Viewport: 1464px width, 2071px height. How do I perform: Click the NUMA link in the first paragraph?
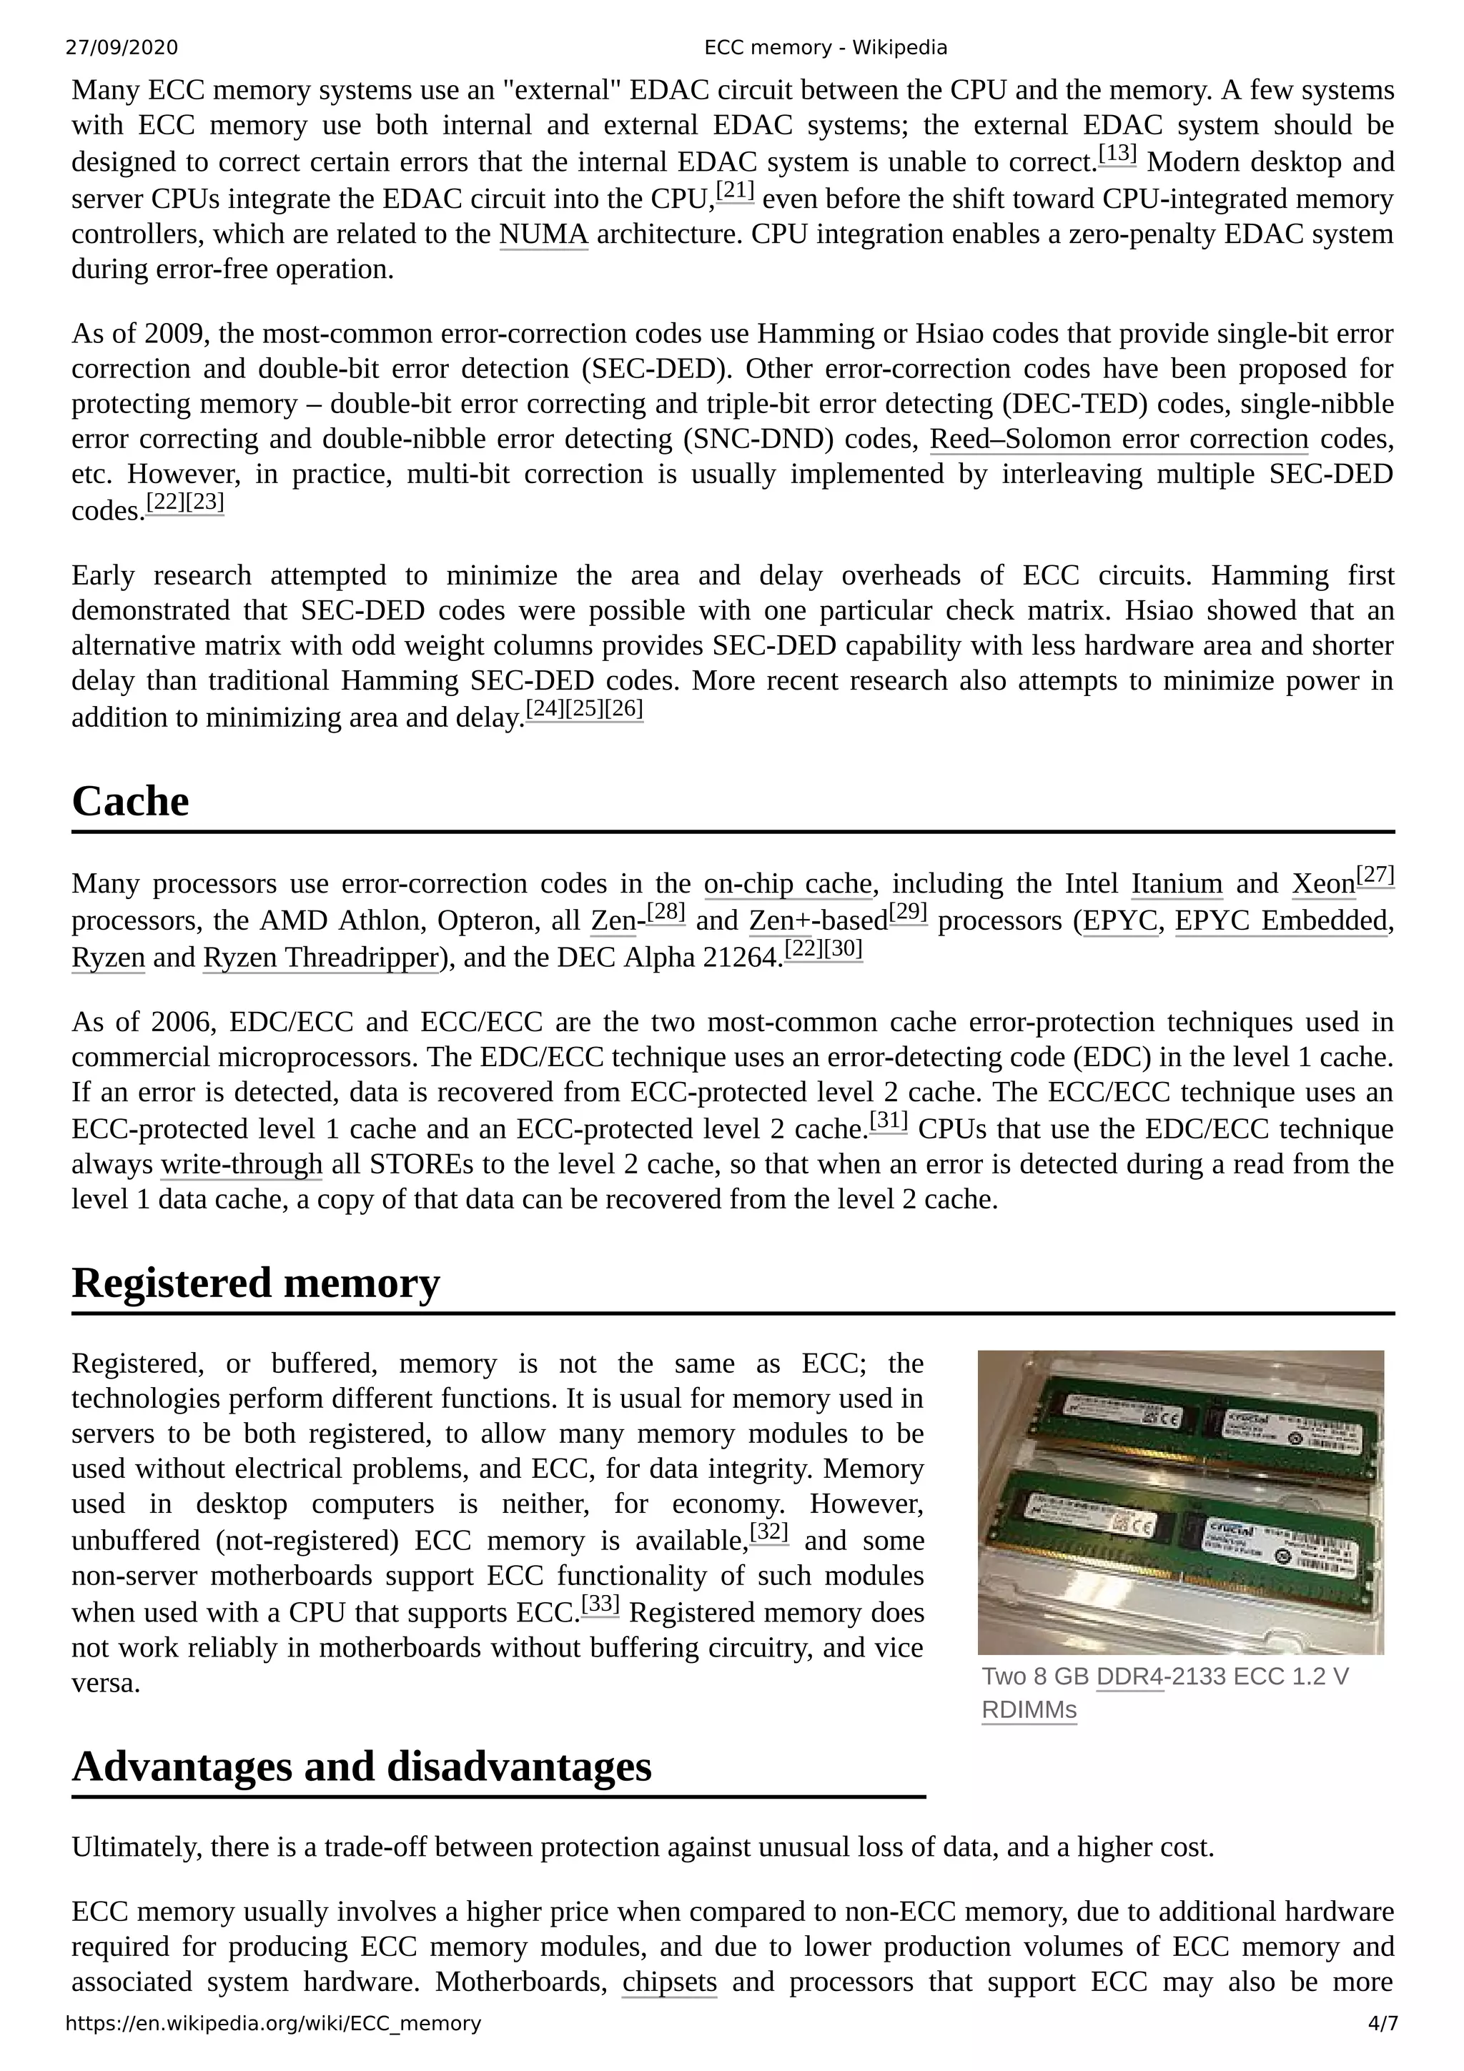coord(543,234)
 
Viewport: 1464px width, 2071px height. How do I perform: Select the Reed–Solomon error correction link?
coord(1119,439)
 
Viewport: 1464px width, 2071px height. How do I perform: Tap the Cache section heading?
coord(131,801)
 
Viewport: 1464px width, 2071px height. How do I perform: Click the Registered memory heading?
coord(255,1283)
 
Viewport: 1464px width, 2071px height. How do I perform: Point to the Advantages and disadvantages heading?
coord(361,1766)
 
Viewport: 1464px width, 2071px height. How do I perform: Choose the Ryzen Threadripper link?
coord(320,957)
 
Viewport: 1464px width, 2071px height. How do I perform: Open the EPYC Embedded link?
coord(1280,921)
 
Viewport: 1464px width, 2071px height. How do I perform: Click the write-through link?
coord(242,1164)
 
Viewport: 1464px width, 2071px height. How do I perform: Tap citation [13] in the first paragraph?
coord(1117,155)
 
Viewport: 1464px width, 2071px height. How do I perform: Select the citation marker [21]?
coord(734,192)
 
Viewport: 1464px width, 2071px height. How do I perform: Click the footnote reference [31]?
coord(889,1121)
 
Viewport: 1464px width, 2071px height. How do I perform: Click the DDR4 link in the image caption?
coord(1129,1677)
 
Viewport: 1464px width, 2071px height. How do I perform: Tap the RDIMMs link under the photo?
coord(1029,1710)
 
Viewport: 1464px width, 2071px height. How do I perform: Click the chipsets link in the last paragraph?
coord(669,1982)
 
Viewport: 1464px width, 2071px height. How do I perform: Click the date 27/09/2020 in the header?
coord(122,48)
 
